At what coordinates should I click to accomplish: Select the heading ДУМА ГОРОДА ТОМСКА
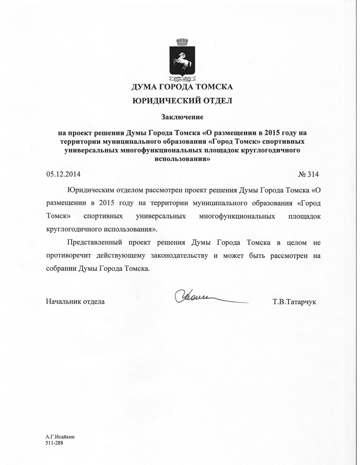pos(182,87)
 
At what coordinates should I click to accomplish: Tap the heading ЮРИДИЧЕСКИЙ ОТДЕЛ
pos(182,101)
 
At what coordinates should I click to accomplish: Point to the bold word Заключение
pos(182,117)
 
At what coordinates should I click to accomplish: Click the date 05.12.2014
pos(63,174)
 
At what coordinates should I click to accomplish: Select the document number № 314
pos(309,174)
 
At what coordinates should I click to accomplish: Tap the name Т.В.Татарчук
pos(294,302)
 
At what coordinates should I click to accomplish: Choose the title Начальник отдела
pos(75,302)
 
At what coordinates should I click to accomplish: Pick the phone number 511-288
pos(54,443)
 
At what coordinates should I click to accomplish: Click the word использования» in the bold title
pos(182,158)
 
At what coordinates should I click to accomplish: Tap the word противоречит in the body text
pos(68,256)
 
